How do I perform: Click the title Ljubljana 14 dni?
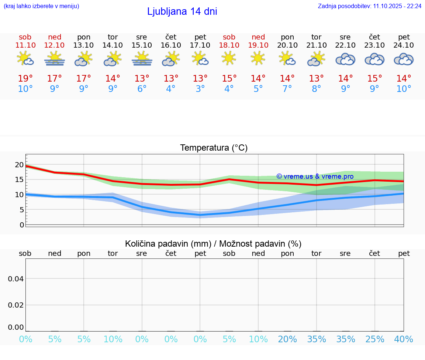point(182,11)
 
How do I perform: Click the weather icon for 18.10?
point(229,58)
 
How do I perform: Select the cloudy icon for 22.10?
point(345,59)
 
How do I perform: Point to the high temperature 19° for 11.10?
point(25,79)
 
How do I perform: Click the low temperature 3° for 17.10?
point(200,89)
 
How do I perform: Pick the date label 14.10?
point(113,45)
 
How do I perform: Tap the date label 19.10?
point(258,45)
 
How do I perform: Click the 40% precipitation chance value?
point(404,339)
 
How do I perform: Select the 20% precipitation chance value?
point(287,339)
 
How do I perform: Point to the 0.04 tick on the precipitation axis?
point(16,279)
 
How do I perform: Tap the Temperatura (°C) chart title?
point(214,148)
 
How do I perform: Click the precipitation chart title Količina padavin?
point(213,244)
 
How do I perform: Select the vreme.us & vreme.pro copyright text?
point(315,176)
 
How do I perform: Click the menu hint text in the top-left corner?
point(41,6)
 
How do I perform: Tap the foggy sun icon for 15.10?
point(142,59)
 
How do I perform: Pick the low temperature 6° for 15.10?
point(142,89)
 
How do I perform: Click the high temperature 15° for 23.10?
point(374,79)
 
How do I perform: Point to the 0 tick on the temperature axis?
point(21,225)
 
